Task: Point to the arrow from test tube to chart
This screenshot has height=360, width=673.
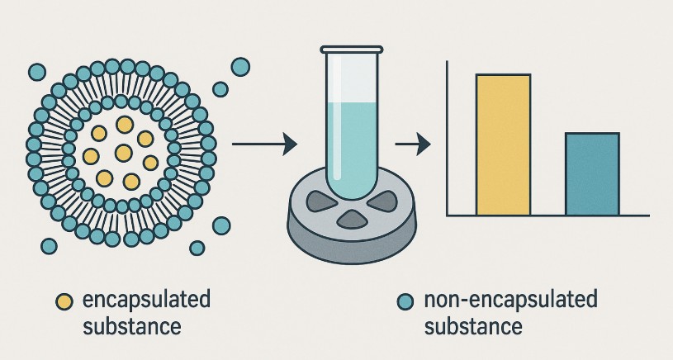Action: click(413, 145)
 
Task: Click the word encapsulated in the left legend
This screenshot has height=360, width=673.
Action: click(146, 300)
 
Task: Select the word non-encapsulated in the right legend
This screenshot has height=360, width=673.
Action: click(509, 300)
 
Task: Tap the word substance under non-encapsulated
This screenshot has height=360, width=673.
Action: click(473, 326)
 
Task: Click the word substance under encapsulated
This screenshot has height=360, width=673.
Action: click(131, 326)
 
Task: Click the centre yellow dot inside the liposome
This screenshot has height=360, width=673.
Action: click(123, 152)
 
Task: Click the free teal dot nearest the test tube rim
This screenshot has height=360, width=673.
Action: click(240, 67)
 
